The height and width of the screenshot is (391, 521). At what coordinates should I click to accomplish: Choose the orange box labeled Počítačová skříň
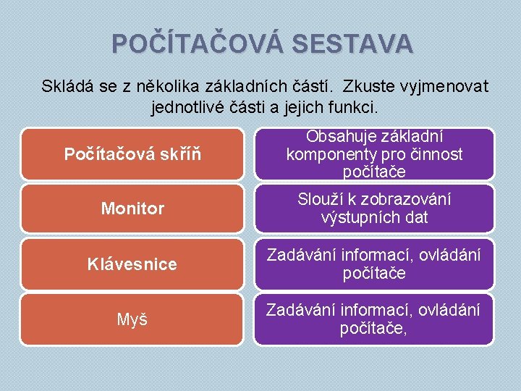132,154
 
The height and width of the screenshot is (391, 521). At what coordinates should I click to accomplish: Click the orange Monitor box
132,209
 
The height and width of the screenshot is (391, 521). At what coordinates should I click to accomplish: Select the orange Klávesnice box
132,264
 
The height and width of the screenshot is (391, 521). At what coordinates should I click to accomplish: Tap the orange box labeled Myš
132,319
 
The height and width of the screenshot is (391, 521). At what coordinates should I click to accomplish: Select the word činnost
436,154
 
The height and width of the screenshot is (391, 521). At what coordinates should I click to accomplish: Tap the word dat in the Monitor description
415,217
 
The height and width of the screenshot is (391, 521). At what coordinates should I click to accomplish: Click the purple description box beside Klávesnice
374,264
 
